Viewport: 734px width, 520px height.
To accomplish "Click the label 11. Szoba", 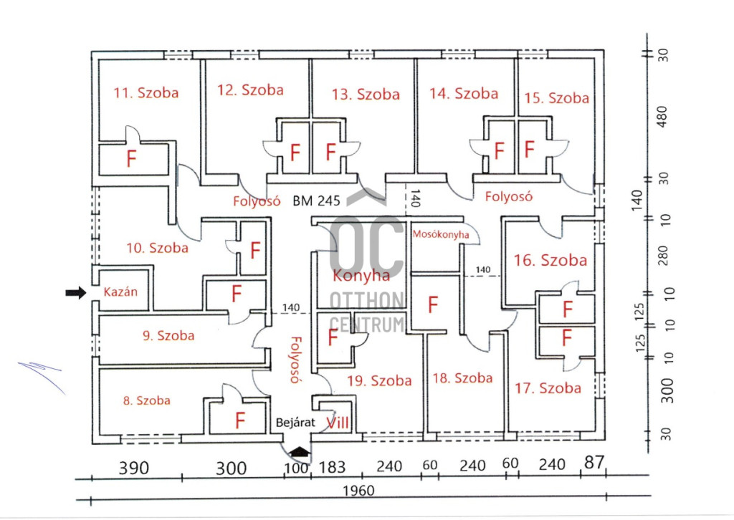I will [146, 92].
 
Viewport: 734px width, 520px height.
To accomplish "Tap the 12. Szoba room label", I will [250, 90].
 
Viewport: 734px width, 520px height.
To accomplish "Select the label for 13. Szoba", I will [366, 94].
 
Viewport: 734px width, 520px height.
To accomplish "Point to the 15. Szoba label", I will [556, 98].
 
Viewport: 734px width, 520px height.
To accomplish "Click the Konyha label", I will [361, 275].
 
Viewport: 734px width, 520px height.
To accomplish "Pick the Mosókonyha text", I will [441, 234].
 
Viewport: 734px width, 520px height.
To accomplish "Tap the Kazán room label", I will [120, 292].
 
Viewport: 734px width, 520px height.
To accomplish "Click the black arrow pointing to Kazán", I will [75, 292].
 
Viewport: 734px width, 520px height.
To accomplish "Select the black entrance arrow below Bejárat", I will [300, 451].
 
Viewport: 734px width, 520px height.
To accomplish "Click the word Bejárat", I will [296, 423].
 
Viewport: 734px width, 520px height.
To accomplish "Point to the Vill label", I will [338, 423].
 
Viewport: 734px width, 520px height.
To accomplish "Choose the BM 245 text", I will [316, 201].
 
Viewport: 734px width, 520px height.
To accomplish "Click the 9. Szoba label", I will [168, 335].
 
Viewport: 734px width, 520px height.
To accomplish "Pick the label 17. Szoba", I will [548, 388].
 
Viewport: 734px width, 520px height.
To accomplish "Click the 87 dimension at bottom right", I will [594, 464].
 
